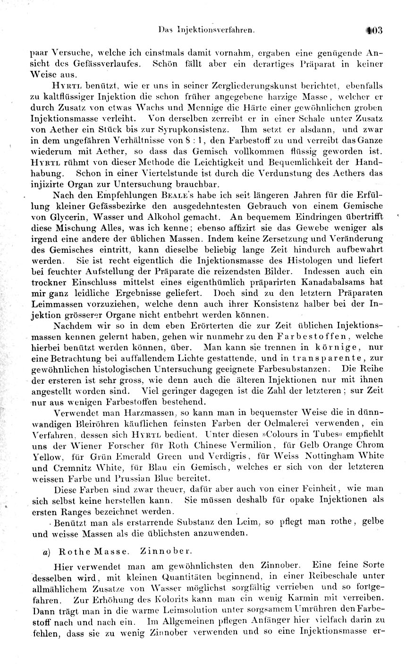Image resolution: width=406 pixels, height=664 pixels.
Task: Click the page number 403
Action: [374, 31]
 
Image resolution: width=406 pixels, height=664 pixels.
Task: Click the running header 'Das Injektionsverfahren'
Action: [207, 30]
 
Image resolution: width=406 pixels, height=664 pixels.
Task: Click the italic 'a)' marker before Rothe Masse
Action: [49, 552]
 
